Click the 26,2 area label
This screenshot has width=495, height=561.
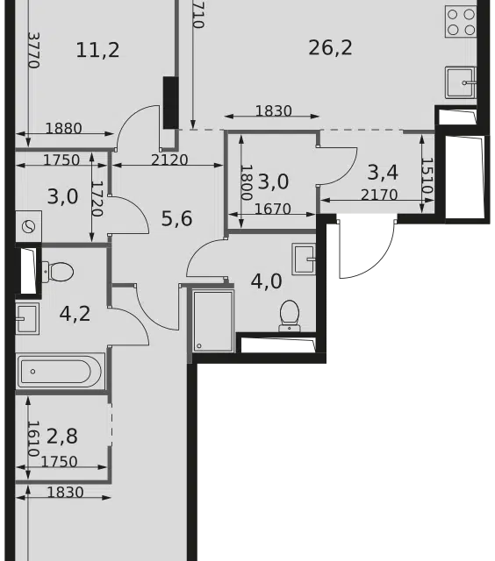click(330, 47)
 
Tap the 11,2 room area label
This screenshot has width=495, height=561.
click(97, 50)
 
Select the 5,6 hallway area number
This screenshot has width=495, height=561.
click(177, 218)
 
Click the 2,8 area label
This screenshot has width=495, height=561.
click(62, 437)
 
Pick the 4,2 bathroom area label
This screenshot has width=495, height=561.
click(75, 314)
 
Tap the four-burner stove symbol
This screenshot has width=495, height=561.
click(461, 21)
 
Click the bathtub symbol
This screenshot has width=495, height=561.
click(61, 372)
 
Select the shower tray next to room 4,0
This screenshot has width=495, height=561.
click(213, 321)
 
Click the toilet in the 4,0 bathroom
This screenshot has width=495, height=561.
click(290, 316)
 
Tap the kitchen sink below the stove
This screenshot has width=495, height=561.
click(461, 82)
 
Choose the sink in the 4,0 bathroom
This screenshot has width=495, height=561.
click(304, 259)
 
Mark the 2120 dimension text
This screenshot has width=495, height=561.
click(169, 160)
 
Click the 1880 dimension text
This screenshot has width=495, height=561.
click(64, 128)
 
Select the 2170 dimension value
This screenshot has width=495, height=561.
click(379, 195)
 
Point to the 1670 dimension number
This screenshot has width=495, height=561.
click(273, 209)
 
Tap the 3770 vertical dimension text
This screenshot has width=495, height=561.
click(33, 50)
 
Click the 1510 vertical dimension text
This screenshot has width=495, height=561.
click(427, 175)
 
